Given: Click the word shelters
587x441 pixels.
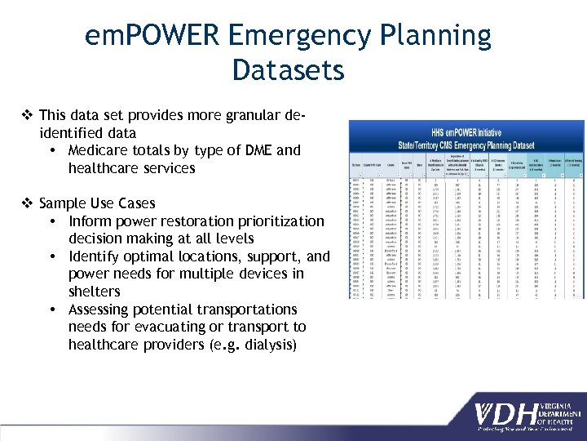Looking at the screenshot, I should [x=95, y=292].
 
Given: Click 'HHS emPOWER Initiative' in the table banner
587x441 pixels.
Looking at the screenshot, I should [x=466, y=131].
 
